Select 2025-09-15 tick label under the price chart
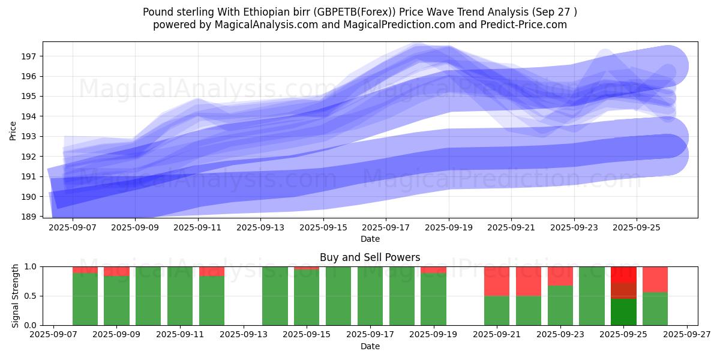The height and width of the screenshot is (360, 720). coord(323,228)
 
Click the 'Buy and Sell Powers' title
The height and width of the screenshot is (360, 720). coord(370,257)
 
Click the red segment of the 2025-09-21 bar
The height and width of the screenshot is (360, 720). coord(497,281)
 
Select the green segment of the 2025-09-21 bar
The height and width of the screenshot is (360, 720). coord(497,310)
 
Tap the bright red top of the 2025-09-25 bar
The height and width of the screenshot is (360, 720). coord(623,274)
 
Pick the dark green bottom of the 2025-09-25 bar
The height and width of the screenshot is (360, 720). coord(623,312)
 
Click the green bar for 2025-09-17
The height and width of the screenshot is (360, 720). coord(370,296)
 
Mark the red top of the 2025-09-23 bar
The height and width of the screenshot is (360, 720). coord(560,276)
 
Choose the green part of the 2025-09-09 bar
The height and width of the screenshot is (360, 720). coord(116,300)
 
